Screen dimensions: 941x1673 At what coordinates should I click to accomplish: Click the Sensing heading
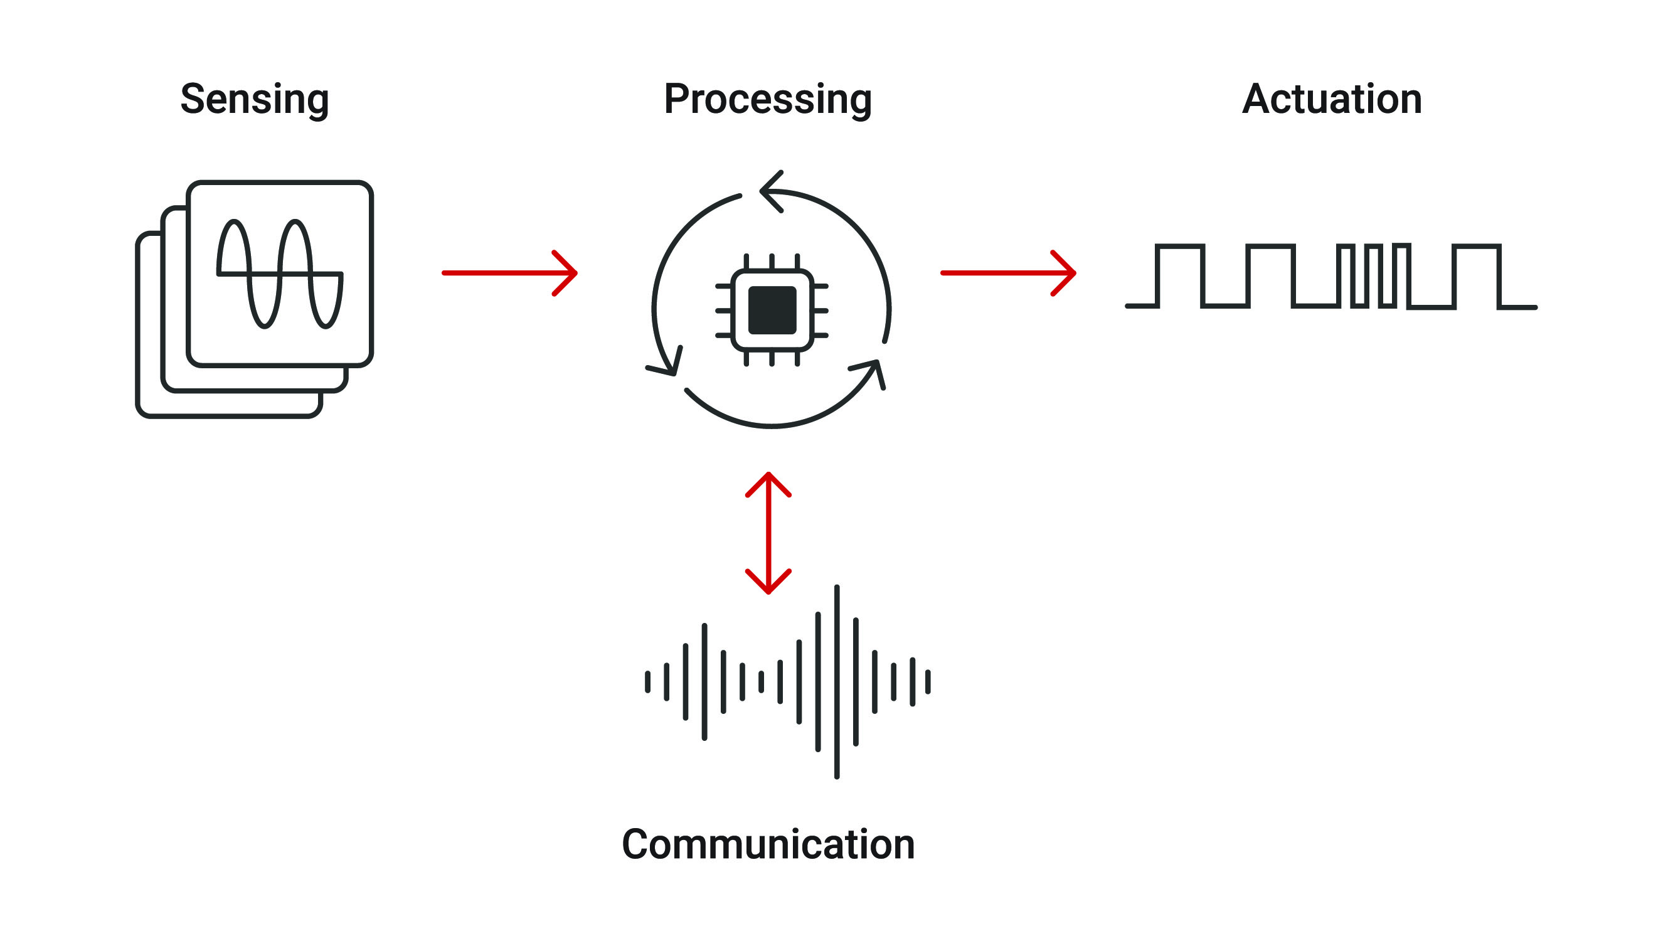[255, 99]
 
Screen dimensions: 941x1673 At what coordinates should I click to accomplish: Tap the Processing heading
[767, 99]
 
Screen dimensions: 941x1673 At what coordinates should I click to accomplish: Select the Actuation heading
[1331, 99]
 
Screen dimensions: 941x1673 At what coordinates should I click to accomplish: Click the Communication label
[768, 844]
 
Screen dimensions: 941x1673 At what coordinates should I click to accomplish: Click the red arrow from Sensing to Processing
[509, 273]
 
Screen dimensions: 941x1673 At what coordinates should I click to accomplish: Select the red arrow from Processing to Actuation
[1008, 273]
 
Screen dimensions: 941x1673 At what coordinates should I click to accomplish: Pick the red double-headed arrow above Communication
[768, 533]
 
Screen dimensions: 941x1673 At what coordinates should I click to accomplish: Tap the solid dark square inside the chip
[772, 310]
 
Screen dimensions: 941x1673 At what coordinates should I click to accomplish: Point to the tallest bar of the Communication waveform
[837, 681]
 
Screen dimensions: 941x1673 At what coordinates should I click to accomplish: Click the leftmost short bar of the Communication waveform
[647, 682]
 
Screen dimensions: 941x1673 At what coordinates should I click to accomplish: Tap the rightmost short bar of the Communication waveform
[928, 682]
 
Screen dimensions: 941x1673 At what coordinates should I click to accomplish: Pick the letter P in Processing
[676, 99]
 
